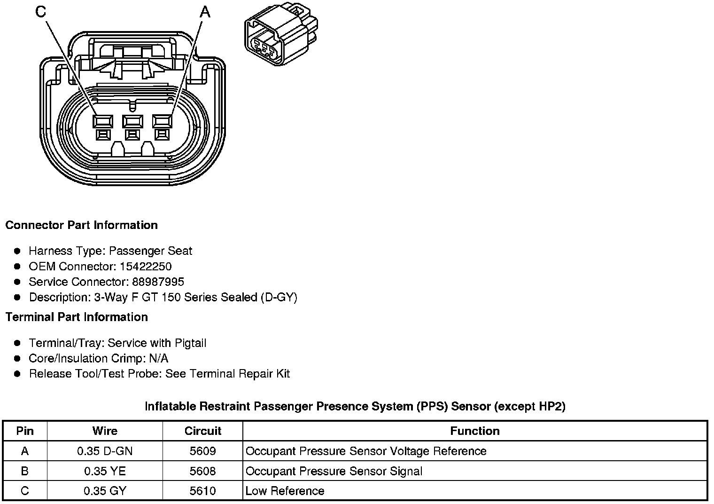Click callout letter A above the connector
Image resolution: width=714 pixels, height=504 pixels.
coord(205,12)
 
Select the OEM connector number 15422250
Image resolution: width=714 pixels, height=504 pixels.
coord(146,267)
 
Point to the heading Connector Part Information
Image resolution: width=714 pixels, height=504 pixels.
coord(81,225)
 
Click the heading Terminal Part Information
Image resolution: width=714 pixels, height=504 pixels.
coord(77,317)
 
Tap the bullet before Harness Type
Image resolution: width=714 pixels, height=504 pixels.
coord(17,251)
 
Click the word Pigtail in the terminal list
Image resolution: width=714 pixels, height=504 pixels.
coord(190,343)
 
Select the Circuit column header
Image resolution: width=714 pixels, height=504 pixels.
coord(202,431)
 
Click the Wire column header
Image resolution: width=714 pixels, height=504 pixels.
coord(105,431)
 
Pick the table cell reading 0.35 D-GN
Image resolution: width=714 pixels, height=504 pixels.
coord(105,451)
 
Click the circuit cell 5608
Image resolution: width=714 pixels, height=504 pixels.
coord(202,471)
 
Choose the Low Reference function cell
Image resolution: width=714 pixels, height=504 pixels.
coord(285,491)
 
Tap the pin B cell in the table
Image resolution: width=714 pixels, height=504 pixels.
coord(25,471)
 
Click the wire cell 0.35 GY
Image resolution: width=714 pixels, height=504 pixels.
coord(105,491)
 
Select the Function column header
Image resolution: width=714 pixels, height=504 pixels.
coord(474,431)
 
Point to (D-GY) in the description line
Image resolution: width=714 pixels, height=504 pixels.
coord(279,298)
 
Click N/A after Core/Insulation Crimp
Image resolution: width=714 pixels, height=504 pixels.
coord(158,359)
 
